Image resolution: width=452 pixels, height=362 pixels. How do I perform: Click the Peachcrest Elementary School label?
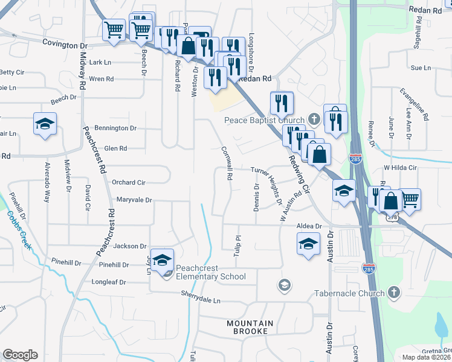tap(211, 277)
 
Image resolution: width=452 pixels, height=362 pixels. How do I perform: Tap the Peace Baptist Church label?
tap(264, 120)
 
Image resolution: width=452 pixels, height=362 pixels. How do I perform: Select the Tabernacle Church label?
tap(349, 294)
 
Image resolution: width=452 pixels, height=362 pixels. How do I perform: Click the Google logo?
tap(20, 355)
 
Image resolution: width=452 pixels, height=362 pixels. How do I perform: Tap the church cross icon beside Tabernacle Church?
tap(393, 293)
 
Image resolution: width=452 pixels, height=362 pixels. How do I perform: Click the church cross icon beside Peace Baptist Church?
tap(313, 119)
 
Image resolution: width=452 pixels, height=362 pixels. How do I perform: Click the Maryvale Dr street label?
tap(134, 200)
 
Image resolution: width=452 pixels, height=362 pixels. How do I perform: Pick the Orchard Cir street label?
tap(129, 182)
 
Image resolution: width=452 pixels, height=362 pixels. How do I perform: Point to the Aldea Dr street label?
tap(309, 226)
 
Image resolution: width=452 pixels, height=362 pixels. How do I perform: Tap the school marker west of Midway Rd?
tap(45, 124)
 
